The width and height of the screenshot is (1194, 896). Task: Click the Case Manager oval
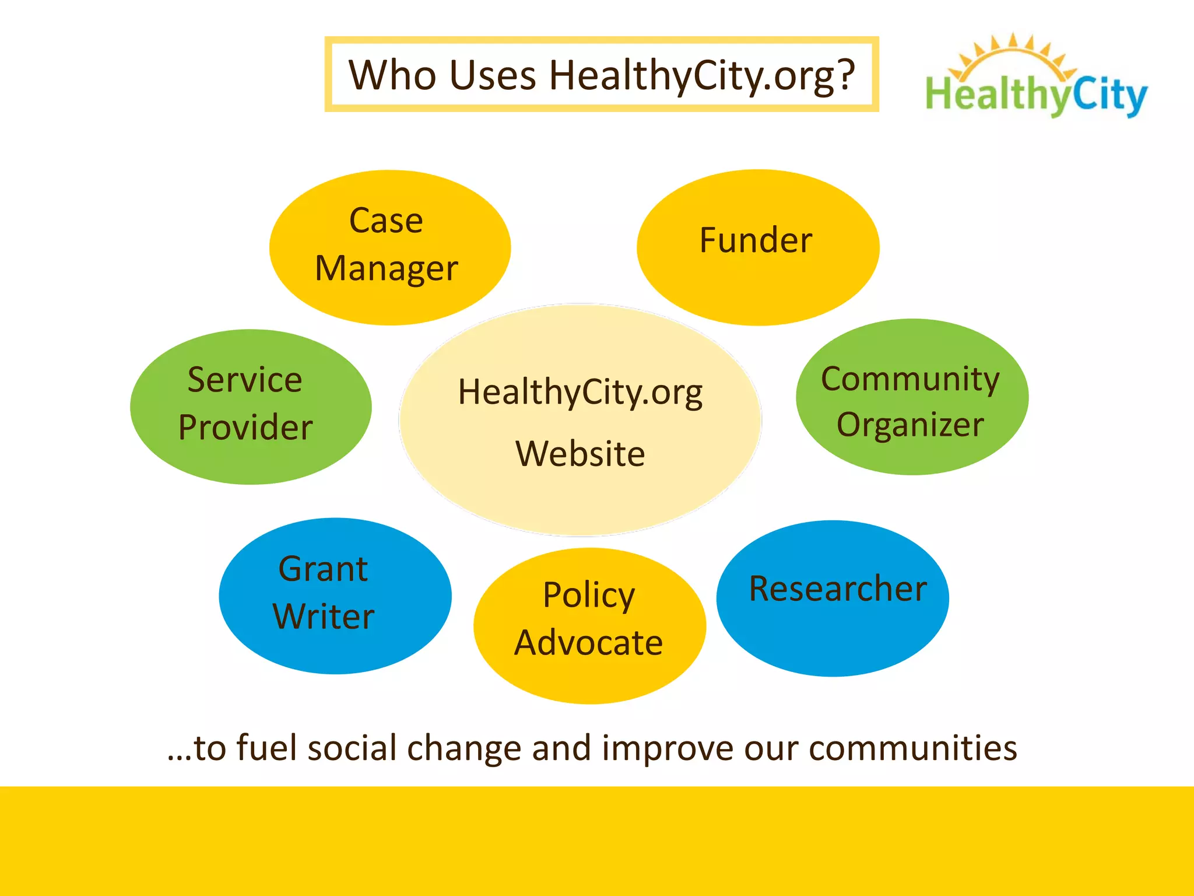pos(389,247)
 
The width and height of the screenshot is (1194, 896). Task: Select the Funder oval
pos(757,247)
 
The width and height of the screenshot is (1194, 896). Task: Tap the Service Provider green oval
pos(251,407)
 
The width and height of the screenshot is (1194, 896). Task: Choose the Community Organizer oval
pos(912,397)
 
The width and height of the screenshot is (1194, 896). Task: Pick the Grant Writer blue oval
pos(335,596)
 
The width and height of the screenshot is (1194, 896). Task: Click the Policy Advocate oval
pos(589,625)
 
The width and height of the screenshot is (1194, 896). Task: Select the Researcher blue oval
pos(833,598)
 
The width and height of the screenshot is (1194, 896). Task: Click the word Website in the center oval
pos(580,454)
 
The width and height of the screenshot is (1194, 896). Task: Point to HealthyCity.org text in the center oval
pos(580,392)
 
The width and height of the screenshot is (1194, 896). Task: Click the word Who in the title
pos(392,75)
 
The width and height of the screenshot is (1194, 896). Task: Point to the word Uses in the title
pos(493,75)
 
